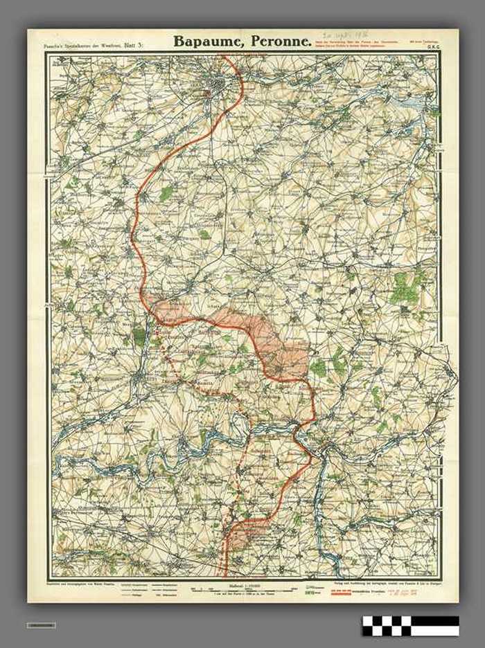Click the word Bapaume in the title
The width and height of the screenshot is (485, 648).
pyautogui.click(x=209, y=42)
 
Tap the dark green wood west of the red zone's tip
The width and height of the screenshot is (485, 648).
pyautogui.click(x=139, y=336)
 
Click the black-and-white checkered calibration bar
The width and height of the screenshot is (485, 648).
pyautogui.click(x=410, y=625)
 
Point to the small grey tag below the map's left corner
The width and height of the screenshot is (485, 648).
pyautogui.click(x=42, y=625)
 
